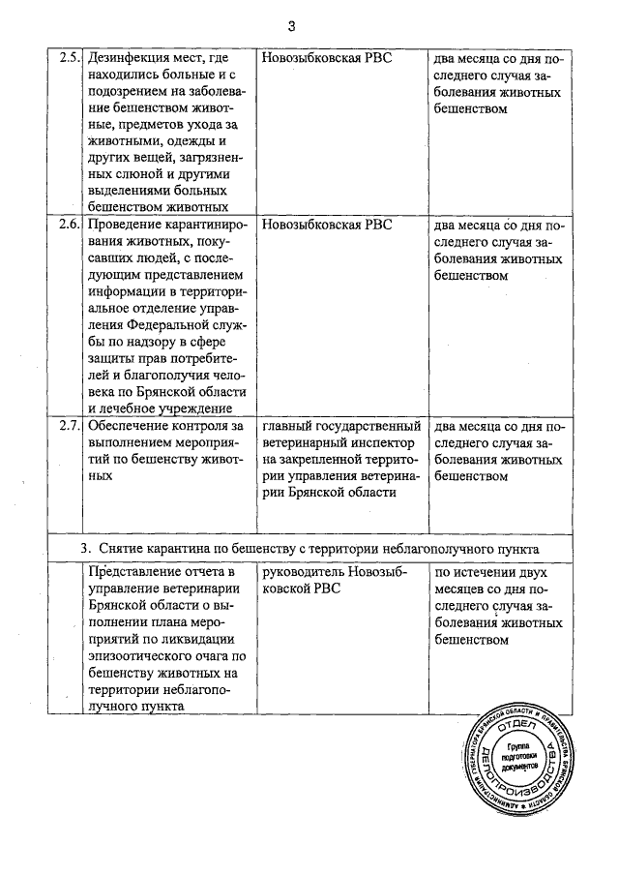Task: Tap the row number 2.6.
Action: coord(69,225)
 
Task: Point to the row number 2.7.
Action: coord(69,425)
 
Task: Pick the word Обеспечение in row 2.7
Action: coord(132,425)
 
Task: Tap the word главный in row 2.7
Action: coord(290,425)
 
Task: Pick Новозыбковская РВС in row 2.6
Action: coord(327,225)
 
